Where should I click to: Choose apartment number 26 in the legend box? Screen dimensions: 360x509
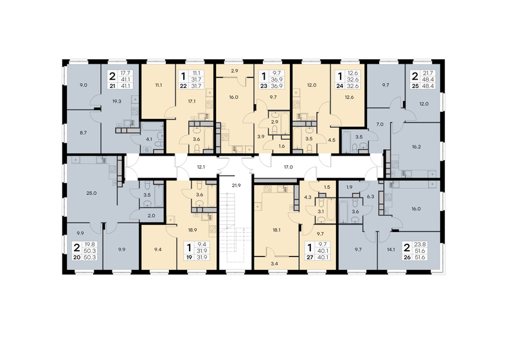(406, 257)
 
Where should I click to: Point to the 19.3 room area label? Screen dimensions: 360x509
(118, 102)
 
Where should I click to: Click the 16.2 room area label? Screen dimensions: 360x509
(415, 146)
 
